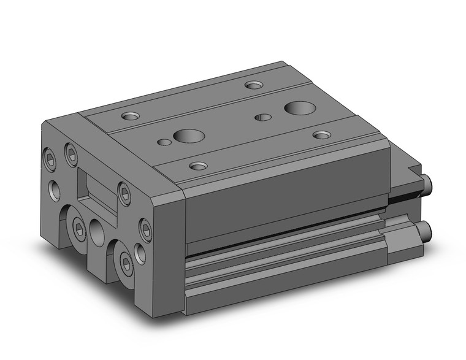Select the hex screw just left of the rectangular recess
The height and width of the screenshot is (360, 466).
[71, 153]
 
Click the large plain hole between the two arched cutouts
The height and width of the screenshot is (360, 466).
[97, 232]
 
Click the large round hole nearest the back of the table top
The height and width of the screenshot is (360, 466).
[299, 108]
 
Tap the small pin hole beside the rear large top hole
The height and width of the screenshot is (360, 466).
[264, 117]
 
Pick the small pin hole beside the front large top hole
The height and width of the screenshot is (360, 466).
[164, 142]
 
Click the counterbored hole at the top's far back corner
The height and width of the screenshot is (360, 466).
[253, 85]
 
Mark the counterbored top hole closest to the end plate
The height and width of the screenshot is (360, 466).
[131, 115]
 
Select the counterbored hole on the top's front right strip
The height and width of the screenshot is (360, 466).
[197, 166]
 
